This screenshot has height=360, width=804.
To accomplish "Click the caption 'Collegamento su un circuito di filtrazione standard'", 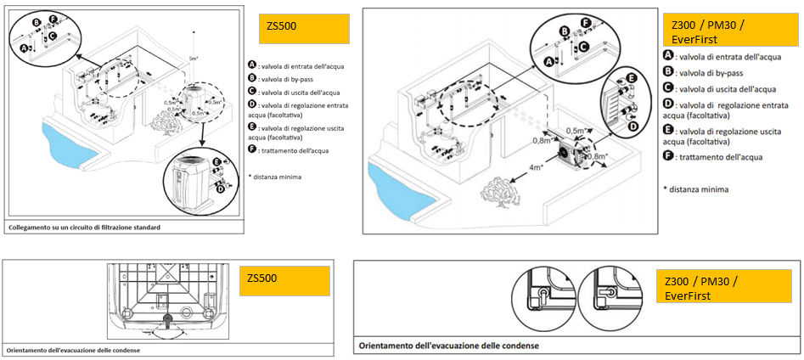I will [84, 228].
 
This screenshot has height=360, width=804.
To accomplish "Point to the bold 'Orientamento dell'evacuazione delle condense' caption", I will [448, 346].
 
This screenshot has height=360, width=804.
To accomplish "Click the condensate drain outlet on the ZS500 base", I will [166, 319].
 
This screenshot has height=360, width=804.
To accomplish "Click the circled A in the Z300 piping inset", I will [548, 60].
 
